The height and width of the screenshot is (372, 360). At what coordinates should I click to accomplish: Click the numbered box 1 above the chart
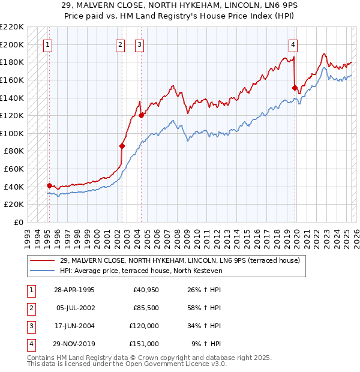pyautogui.click(x=47, y=44)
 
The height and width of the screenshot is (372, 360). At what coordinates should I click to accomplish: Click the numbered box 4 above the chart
pyautogui.click(x=293, y=44)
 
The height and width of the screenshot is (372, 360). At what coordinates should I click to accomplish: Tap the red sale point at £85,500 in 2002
pyautogui.click(x=122, y=146)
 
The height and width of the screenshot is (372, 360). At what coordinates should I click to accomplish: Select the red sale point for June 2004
pyautogui.click(x=141, y=115)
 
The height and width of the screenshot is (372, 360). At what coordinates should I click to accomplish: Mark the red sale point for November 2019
pyautogui.click(x=295, y=88)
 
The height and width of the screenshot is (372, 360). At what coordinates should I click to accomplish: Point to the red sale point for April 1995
pyautogui.click(x=49, y=185)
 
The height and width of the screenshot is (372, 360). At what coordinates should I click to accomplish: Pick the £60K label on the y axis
pyautogui.click(x=14, y=169)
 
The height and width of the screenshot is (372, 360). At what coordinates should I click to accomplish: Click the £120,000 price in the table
pyautogui.click(x=145, y=326)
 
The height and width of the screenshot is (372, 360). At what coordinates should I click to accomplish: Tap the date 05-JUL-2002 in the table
pyautogui.click(x=75, y=308)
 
